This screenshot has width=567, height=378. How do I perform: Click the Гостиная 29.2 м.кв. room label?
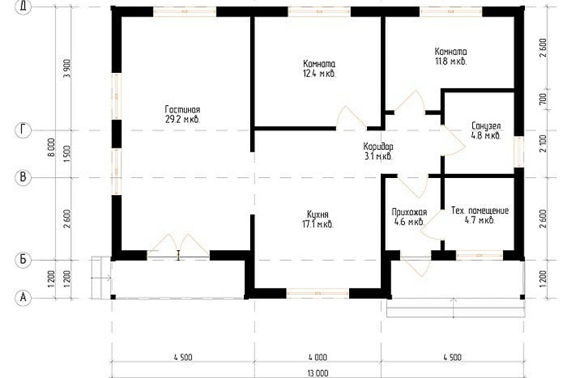(183, 114)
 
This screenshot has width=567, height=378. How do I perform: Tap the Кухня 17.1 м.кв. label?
(318, 219)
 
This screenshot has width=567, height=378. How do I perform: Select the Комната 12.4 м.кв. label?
(320, 69)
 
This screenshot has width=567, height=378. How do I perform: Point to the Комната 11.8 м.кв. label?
(451, 56)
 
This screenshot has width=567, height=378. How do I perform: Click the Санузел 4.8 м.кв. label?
(486, 131)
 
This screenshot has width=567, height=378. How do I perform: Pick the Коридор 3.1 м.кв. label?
(378, 151)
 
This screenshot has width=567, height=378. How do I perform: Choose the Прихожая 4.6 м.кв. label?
(409, 216)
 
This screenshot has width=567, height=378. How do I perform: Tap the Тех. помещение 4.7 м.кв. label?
(480, 215)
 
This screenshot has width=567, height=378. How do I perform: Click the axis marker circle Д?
(23, 7)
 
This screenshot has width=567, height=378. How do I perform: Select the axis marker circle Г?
(23, 130)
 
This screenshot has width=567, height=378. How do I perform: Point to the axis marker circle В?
(23, 177)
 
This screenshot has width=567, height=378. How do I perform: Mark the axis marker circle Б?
(23, 260)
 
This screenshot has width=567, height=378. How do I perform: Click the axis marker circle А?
(23, 298)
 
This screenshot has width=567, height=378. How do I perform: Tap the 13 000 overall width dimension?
(318, 373)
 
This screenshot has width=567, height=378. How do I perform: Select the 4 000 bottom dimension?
(318, 357)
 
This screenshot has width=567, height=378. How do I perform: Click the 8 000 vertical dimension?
(52, 147)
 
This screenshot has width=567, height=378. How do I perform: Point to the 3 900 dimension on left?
(67, 69)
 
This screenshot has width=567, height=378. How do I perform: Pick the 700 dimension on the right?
(543, 99)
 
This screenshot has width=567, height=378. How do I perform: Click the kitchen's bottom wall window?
(318, 293)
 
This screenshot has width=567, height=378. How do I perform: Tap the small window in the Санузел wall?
(519, 152)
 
